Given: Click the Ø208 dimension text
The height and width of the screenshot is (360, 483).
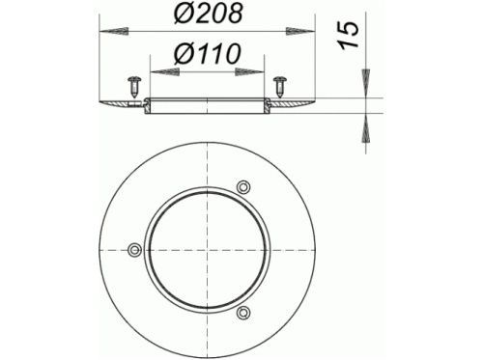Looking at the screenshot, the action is point(208,14).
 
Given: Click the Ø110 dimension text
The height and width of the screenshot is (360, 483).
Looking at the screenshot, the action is point(208,53).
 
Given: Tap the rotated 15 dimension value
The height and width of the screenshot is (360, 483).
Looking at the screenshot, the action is point(349,35).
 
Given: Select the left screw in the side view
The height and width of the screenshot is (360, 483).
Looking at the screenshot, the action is point(135,86).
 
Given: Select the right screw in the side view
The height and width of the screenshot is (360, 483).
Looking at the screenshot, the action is point(280,86).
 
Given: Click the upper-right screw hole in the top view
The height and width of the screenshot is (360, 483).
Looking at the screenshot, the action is point(243,187).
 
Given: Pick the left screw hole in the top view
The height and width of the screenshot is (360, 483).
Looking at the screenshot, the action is point(135,250).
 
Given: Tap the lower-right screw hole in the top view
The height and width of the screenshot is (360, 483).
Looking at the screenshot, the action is point(243,312).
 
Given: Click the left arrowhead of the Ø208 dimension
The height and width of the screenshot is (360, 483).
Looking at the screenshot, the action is point(114,31).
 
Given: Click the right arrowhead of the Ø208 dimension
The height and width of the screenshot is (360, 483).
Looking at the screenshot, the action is point(300,31).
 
